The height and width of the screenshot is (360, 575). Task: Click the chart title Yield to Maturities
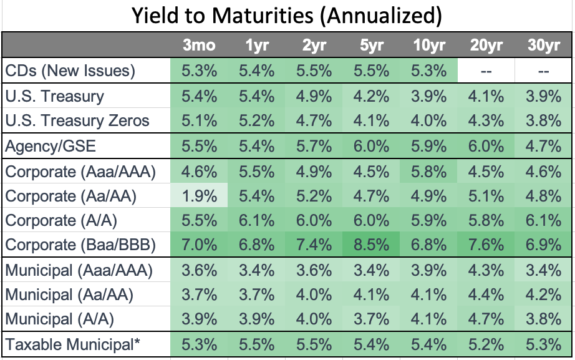click(x=287, y=16)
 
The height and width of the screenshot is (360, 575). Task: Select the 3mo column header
click(x=199, y=46)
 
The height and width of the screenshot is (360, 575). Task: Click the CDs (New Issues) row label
click(x=70, y=71)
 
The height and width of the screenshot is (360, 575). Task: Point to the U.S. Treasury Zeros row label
click(x=77, y=120)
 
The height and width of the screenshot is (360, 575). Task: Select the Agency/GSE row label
click(x=50, y=146)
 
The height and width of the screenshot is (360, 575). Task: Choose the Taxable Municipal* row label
click(x=71, y=344)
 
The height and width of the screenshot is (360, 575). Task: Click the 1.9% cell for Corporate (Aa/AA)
click(x=199, y=196)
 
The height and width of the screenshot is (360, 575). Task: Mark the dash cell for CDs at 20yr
click(x=486, y=71)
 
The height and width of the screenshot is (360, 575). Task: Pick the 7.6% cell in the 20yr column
click(x=486, y=244)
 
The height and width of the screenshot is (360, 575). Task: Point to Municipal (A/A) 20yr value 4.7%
click(x=486, y=319)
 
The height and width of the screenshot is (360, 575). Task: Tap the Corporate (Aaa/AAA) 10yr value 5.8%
click(x=428, y=171)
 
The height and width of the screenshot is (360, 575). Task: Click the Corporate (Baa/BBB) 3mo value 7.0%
click(x=199, y=244)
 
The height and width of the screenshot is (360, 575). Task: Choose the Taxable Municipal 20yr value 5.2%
click(x=486, y=344)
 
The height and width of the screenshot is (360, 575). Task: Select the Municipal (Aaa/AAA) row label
click(x=79, y=271)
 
